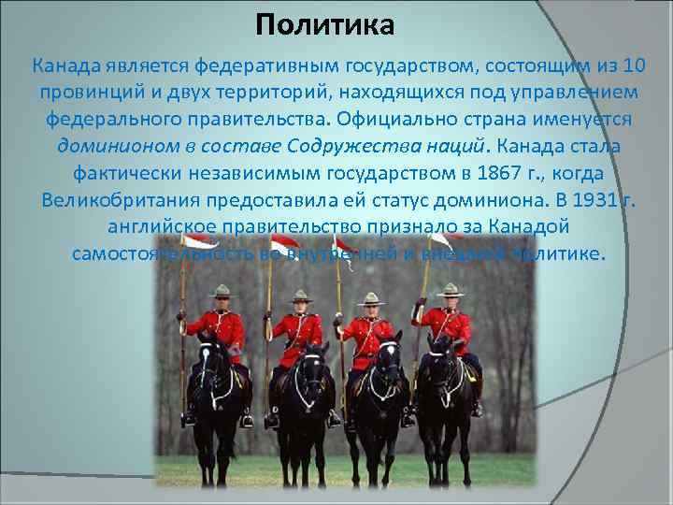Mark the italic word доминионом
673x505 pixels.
[118, 147]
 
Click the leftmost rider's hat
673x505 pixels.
[221, 291]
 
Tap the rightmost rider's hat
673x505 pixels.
[451, 288]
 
